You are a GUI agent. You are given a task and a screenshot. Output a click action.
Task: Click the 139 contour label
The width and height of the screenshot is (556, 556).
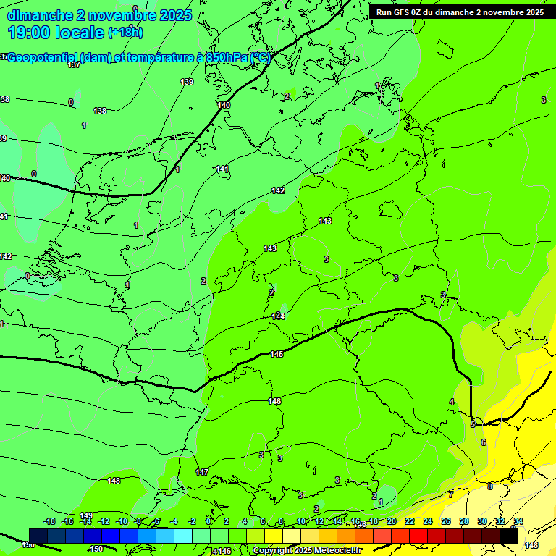[x=187, y=82]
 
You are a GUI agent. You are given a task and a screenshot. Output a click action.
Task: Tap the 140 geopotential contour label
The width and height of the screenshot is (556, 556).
[x=224, y=105]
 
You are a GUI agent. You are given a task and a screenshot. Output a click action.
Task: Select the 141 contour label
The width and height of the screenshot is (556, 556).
[x=222, y=169]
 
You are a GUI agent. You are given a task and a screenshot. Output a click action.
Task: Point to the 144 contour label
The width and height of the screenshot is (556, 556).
[x=279, y=316]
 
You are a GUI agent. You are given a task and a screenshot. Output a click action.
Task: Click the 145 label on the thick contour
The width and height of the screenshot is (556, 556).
[x=277, y=354]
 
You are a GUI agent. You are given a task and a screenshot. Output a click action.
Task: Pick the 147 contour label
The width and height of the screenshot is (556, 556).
[x=202, y=472]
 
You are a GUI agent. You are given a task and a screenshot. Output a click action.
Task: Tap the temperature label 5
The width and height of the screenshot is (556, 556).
[x=473, y=424]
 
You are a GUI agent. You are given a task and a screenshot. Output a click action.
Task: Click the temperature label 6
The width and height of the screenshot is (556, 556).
[x=484, y=442]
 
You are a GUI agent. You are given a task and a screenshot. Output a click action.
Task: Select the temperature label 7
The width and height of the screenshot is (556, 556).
[x=450, y=494]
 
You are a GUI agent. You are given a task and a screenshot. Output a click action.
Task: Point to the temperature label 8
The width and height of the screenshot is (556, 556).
[x=489, y=486]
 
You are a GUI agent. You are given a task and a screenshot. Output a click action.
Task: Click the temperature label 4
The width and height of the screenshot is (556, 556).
[x=452, y=402]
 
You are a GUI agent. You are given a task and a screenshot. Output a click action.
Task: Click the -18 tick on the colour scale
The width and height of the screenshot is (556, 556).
[x=50, y=521]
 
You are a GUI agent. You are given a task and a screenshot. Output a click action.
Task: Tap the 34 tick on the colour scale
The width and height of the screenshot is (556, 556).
[x=518, y=521]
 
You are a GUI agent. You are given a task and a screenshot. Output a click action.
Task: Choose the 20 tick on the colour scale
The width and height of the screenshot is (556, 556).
[x=391, y=521]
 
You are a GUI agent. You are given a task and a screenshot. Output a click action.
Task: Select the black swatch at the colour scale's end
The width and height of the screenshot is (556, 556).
[x=509, y=535]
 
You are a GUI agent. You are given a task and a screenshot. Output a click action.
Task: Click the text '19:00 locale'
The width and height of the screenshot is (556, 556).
[x=56, y=33]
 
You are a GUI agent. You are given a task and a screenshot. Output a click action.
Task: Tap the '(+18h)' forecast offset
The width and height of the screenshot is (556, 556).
[x=125, y=33]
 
